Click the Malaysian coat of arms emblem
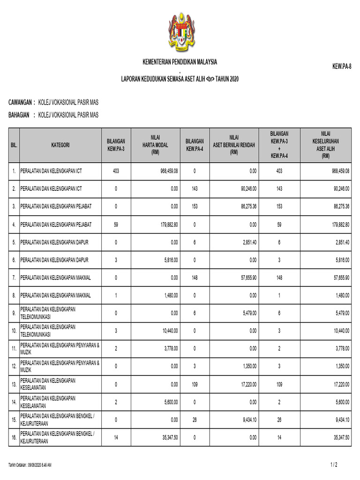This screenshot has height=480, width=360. tap(180, 33)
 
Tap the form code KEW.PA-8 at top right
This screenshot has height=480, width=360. tap(342, 67)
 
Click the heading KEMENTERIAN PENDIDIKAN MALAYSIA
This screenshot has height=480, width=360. tap(180, 62)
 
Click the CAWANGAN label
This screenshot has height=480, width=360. tap(21, 102)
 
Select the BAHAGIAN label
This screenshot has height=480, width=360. tap(20, 115)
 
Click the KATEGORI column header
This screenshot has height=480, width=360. tap(60, 145)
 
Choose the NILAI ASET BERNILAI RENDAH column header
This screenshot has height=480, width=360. tap(234, 145)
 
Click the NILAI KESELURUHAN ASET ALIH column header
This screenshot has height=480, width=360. tap(325, 145)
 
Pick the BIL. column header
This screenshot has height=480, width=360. tap(14, 145)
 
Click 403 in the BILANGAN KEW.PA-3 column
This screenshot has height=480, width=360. tap(116, 171)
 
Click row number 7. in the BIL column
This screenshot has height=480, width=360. tap(14, 278)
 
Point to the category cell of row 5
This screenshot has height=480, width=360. tap(56, 242)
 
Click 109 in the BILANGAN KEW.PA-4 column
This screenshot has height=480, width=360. tap(195, 384)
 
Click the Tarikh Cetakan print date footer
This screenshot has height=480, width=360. tap(30, 465)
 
